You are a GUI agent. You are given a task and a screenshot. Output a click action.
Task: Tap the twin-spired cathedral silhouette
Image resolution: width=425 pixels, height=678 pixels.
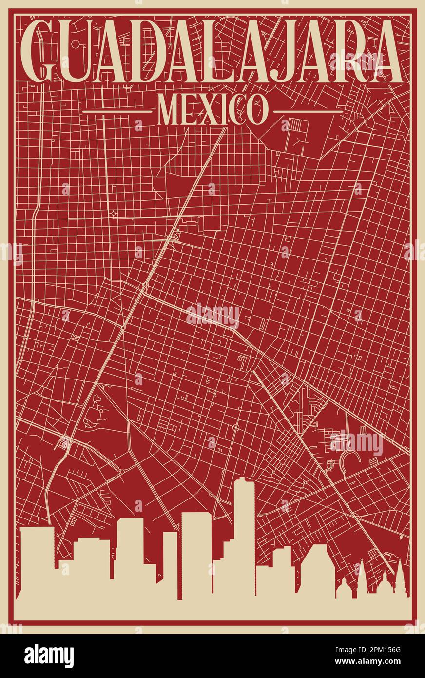tap(380, 583)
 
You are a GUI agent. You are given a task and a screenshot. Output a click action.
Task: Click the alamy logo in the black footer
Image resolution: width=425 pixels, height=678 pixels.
tap(49, 656)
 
